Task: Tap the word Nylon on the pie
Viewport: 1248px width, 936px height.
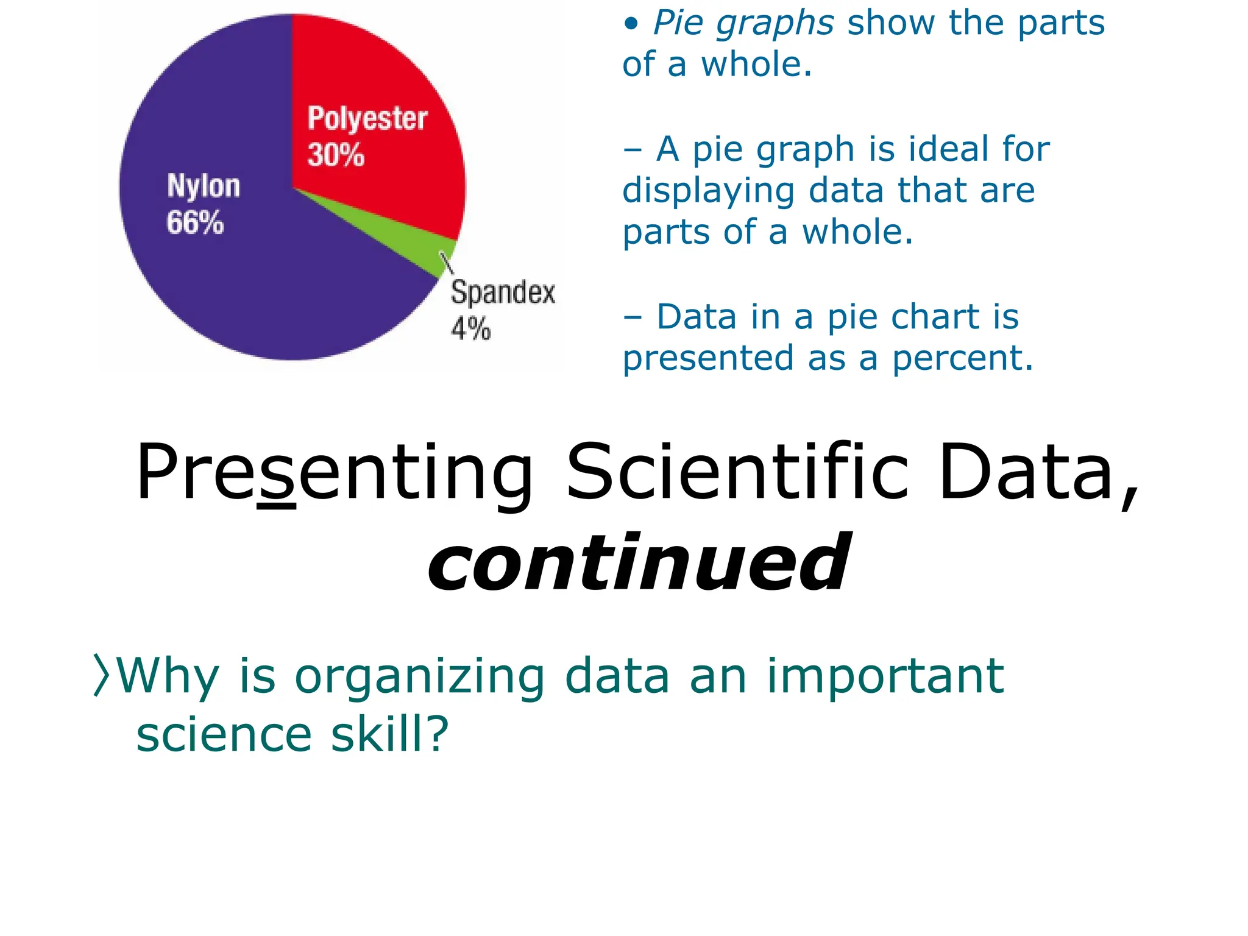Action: coord(204,186)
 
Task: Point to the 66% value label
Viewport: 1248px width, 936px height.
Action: coord(195,222)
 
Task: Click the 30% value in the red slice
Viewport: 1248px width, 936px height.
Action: coord(336,154)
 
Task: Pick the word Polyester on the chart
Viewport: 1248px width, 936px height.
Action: coord(367,118)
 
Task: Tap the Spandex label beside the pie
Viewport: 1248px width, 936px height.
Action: coord(503,292)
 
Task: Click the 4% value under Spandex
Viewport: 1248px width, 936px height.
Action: coord(470,329)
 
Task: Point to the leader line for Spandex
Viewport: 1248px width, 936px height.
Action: coord(447,263)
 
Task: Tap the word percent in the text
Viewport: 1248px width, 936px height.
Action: coord(963,358)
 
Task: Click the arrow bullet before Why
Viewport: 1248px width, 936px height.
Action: coord(101,675)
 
